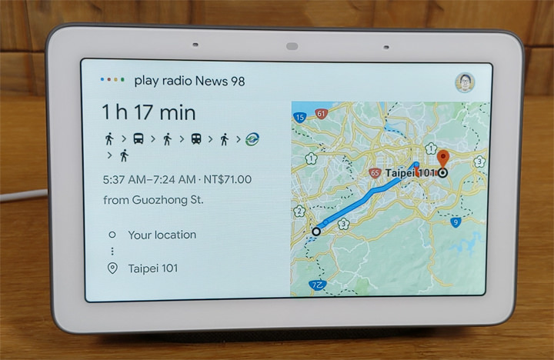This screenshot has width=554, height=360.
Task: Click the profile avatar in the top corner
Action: pyautogui.click(x=464, y=82)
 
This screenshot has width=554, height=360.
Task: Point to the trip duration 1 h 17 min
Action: pyautogui.click(x=149, y=112)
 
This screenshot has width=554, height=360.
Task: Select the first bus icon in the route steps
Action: pyautogui.click(x=138, y=139)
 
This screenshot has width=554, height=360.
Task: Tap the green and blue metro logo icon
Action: pyautogui.click(x=252, y=139)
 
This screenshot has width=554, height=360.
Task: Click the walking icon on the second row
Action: pyautogui.click(x=123, y=156)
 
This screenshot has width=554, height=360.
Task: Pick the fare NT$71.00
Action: pyautogui.click(x=228, y=180)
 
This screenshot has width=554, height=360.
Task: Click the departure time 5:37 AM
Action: pyautogui.click(x=125, y=180)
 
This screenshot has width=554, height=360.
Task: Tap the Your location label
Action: pyautogui.click(x=162, y=235)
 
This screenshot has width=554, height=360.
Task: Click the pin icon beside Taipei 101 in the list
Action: pyautogui.click(x=112, y=268)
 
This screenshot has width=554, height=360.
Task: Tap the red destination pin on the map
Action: pyautogui.click(x=443, y=159)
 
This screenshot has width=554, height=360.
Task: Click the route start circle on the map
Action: pyautogui.click(x=315, y=231)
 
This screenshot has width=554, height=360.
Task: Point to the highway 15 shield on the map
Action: pyautogui.click(x=299, y=117)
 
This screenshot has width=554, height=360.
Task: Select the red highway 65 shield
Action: pyautogui.click(x=374, y=173)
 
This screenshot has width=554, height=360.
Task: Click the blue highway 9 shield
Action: pyautogui.click(x=456, y=222)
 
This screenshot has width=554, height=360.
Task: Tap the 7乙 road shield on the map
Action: pyautogui.click(x=317, y=285)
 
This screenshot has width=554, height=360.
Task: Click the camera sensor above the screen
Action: pyautogui.click(x=292, y=46)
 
